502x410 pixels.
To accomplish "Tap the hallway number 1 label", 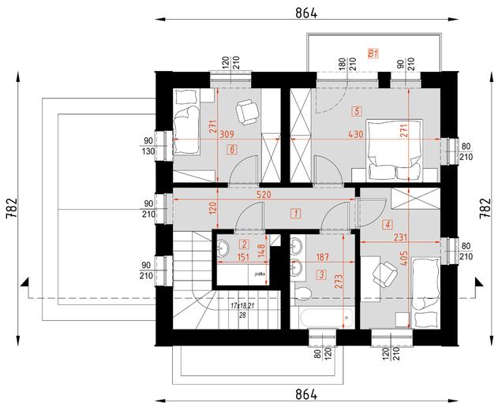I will pyautogui.click(x=294, y=212).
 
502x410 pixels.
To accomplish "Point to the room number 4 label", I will pyautogui.click(x=387, y=224).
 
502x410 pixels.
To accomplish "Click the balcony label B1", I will pyautogui.click(x=374, y=54).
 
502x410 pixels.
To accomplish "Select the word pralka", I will pyautogui.click(x=260, y=274).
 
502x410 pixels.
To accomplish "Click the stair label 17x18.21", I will pyautogui.click(x=244, y=304).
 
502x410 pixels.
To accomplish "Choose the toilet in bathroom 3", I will pyautogui.click(x=302, y=295).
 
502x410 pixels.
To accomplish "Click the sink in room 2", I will pyautogui.click(x=223, y=248).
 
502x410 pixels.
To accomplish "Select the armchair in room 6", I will pyautogui.click(x=247, y=113).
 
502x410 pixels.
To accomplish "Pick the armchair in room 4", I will pyautogui.click(x=384, y=273).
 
